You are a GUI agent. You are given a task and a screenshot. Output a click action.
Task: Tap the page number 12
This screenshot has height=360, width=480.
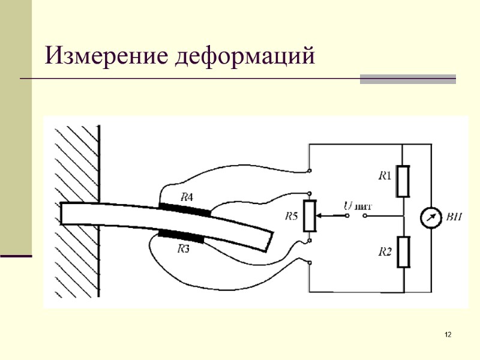coord(448,334)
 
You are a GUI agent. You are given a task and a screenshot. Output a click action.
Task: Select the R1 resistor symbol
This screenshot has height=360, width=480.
coord(403,181)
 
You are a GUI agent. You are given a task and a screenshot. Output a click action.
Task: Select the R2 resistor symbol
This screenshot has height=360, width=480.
coord(403,251)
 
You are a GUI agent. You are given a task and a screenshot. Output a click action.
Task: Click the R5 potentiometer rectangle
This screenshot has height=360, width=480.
coord(310,216)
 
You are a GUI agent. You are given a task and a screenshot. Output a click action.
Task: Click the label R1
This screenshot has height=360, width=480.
coord(385,176)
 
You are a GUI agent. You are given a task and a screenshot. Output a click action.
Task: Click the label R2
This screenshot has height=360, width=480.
coord(385,252)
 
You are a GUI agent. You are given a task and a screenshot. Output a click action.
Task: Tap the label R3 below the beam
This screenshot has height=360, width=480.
coord(184,249)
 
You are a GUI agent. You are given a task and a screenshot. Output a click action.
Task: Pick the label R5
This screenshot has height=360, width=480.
coord(291,216)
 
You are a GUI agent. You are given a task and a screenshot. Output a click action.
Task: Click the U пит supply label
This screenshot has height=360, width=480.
coord(356,206)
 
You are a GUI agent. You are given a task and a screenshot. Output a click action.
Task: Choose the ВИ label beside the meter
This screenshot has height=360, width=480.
coord(455,217)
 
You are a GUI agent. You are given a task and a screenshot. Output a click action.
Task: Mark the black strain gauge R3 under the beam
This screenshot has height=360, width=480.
coord(181,235)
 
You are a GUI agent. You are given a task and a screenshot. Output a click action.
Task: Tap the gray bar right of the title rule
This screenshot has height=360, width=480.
coord(407,79)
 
